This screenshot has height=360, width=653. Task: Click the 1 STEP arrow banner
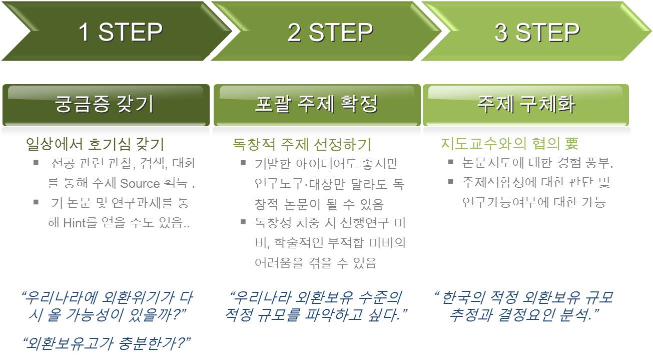pos(120,32)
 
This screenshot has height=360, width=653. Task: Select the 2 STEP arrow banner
pos(330,32)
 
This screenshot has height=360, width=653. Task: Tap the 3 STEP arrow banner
pos(537,32)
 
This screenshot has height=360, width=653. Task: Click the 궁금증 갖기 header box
pos(106,105)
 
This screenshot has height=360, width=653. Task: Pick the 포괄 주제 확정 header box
pos(316,105)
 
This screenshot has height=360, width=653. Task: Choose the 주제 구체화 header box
pos(525,105)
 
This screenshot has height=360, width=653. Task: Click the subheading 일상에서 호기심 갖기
pos(95,144)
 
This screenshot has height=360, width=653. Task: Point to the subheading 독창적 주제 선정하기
pos(302,144)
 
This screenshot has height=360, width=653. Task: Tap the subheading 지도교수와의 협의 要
pos(509,144)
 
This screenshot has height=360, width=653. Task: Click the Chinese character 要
pos(572,144)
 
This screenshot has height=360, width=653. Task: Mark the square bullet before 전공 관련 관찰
pos(36,163)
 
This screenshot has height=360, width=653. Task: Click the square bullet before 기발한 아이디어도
pos(243,163)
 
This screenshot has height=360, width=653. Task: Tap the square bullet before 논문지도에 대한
pos(451,163)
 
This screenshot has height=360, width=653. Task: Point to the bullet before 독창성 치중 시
pos(243,222)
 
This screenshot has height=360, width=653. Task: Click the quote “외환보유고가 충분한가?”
pos(108,343)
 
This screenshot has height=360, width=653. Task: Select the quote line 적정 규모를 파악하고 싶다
pos(316,315)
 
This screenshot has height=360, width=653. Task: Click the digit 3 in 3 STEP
pos(502,33)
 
